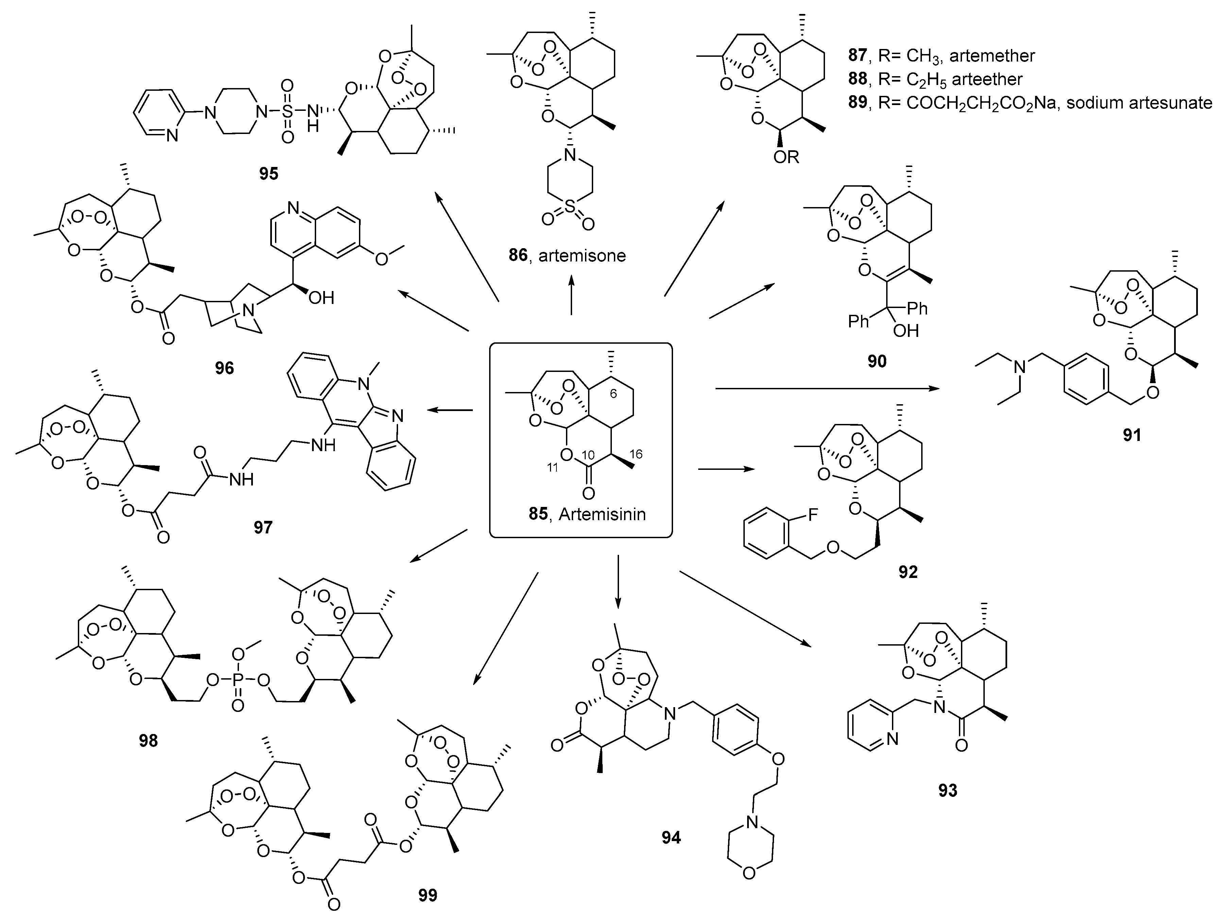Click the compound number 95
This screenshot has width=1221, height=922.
pos(269,174)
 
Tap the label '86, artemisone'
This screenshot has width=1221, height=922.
pos(567,256)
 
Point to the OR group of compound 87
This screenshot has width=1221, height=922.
pos(786,157)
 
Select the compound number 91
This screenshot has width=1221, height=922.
pos(1132,435)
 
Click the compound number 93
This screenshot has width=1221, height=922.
pos(948,790)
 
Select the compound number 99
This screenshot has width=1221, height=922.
pos(428,895)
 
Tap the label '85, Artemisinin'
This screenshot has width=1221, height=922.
pos(587,514)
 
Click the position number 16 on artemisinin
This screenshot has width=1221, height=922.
pos(636,454)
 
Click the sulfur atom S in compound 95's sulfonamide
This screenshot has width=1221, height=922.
pos(287,112)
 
